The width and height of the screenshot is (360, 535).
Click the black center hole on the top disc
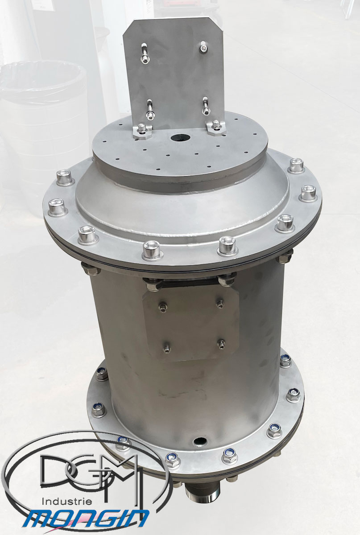pyautogui.click(x=180, y=138)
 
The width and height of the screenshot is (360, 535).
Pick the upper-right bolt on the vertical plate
pyautogui.click(x=203, y=46)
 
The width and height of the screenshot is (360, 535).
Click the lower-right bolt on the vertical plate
pyautogui.click(x=206, y=106)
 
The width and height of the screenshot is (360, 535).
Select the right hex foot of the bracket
pyautogui.click(x=216, y=128)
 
